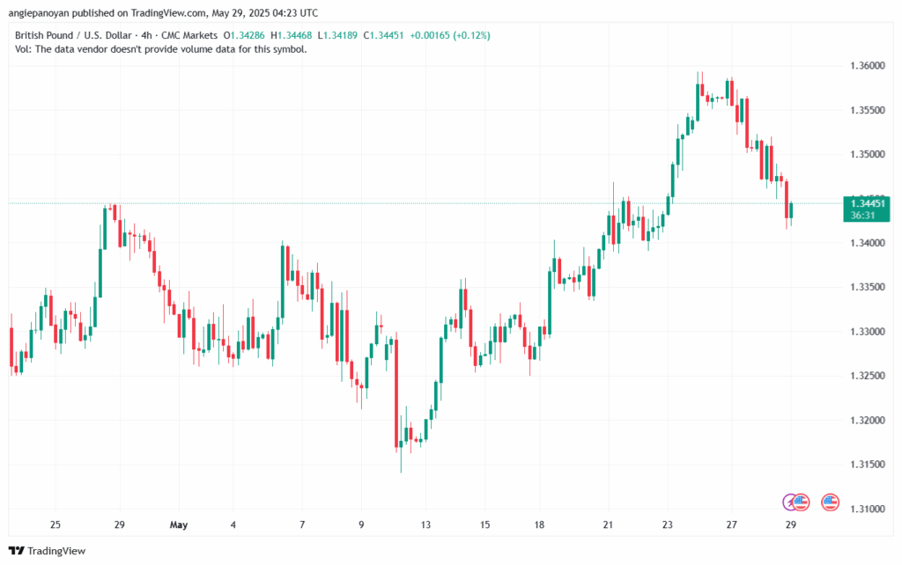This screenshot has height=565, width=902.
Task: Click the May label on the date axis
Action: tap(179, 525)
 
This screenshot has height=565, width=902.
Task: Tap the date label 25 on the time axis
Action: tap(55, 525)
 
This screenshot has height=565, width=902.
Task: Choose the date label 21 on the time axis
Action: tap(608, 525)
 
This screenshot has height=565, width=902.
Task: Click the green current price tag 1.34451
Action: tap(867, 203)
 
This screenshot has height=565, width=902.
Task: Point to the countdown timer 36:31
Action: tap(862, 215)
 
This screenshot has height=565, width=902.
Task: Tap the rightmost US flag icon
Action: tap(830, 502)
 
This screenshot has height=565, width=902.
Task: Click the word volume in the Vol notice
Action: tap(199, 49)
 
